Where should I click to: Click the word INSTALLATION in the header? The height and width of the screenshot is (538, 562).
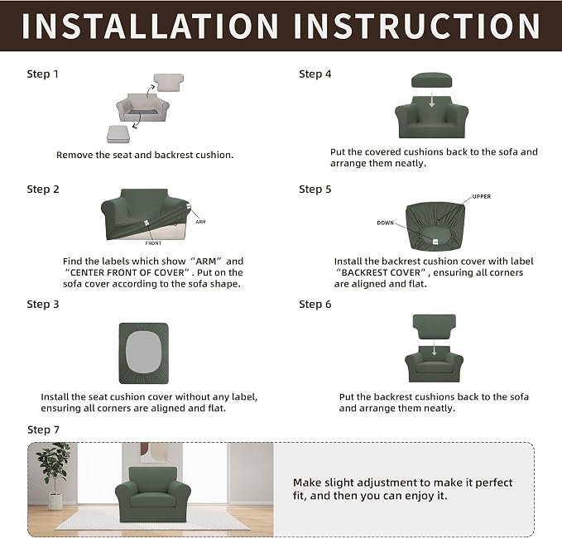150,26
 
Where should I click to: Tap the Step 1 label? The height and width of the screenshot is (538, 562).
42,74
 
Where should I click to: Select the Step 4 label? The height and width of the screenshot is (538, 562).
315,74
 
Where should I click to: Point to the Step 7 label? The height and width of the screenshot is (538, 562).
43,430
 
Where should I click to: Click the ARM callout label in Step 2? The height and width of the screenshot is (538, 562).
200,222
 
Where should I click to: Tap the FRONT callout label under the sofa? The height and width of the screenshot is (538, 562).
153,243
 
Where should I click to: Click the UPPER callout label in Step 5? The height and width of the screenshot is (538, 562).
482,196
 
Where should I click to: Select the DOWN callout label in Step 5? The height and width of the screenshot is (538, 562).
386,223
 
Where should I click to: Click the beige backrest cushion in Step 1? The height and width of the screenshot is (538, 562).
169,83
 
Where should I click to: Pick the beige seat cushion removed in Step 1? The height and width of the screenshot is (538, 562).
118,134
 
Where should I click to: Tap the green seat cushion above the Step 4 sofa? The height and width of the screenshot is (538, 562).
431,80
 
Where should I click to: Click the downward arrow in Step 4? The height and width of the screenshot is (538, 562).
432,98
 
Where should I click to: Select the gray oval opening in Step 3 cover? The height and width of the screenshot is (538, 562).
143,353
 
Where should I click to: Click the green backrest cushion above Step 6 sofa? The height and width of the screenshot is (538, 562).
435,327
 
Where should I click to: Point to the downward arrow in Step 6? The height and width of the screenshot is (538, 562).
434,348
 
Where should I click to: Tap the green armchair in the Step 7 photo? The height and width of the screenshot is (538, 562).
153,494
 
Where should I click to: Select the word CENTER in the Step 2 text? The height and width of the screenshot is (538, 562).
86,272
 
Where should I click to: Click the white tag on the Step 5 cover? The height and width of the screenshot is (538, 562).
435,242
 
